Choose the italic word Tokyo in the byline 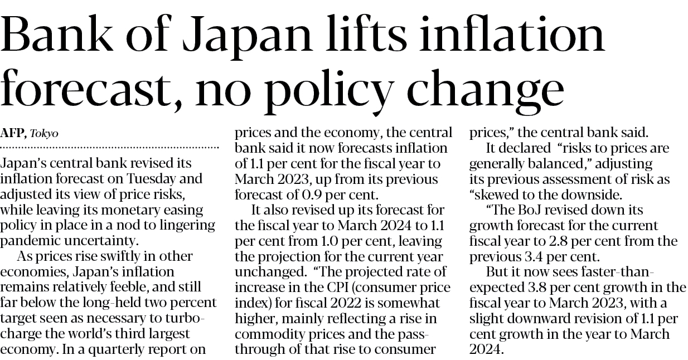coord(44,134)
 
